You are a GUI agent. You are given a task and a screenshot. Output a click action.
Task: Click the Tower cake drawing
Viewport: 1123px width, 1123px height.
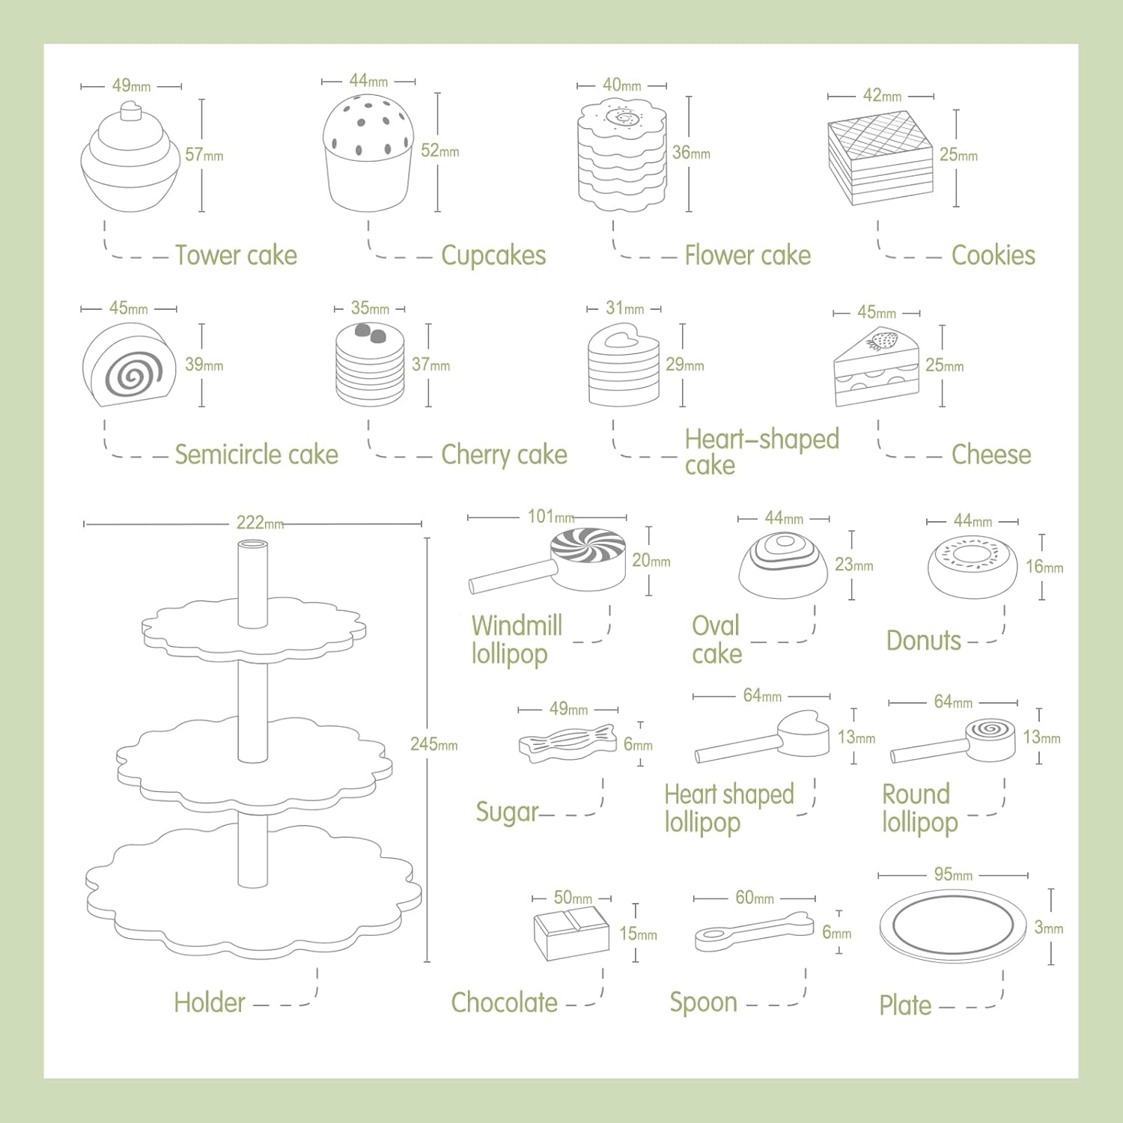130,159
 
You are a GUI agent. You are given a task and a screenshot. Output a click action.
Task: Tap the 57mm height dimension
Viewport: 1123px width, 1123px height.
204,155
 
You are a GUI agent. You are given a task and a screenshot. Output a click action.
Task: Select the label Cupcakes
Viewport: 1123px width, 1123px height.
493,255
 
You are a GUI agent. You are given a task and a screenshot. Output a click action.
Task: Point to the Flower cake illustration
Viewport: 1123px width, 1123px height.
622,158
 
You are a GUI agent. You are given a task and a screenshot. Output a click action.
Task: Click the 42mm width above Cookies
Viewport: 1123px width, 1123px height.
882,96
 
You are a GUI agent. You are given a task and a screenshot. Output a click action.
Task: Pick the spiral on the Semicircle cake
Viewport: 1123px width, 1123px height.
132,372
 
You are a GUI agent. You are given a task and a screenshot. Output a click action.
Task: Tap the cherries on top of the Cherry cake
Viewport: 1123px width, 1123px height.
370,333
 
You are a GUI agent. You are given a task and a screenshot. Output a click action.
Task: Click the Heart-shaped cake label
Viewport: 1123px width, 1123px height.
761,451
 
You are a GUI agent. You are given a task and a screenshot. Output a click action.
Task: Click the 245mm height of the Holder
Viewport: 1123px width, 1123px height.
434,745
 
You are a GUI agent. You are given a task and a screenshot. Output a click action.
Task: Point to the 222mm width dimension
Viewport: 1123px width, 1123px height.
260,523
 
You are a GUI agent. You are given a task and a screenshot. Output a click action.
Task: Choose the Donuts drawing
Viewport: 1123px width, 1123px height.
972,567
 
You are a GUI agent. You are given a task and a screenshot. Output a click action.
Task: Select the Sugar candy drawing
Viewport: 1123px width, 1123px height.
567,743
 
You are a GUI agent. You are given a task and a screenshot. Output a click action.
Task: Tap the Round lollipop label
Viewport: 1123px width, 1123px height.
919,808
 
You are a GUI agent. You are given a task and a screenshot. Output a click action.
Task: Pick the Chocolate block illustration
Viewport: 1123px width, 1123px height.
571,932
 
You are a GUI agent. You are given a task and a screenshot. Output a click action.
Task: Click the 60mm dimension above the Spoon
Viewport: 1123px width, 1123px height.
754,898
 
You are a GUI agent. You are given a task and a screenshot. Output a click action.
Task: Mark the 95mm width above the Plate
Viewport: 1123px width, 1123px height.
953,874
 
